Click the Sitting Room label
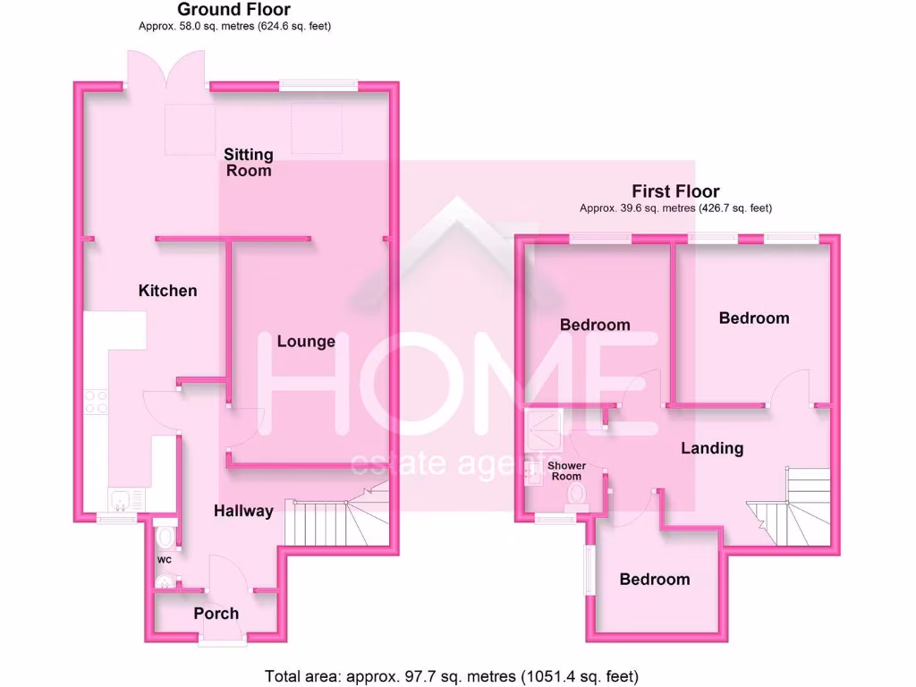point(248,162)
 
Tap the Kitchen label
point(167,291)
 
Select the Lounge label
point(306,341)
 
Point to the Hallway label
point(243,511)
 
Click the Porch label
point(216,613)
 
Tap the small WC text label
point(165,560)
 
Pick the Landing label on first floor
point(712,447)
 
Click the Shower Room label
point(566,471)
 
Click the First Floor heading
point(675,191)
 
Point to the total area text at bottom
point(452,676)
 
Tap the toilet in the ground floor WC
point(164,538)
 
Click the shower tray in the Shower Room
point(543,429)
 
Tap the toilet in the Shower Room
point(575,493)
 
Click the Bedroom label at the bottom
point(655,579)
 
